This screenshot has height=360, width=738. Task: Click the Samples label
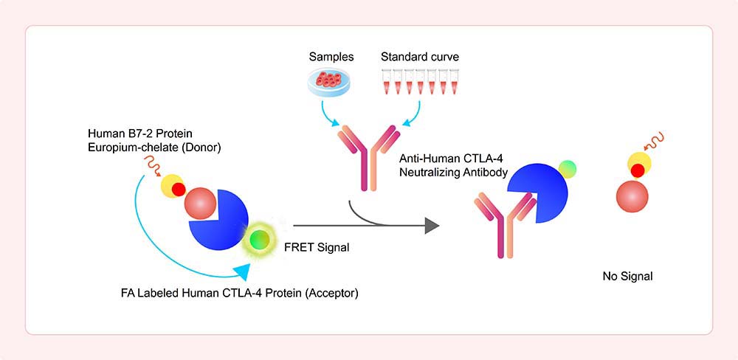[331, 58]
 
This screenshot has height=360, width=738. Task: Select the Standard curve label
[419, 58]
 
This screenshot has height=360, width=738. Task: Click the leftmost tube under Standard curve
[387, 82]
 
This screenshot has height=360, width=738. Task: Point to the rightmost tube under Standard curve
[454, 82]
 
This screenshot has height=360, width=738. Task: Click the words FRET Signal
[317, 247]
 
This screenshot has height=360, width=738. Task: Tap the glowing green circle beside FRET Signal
[259, 240]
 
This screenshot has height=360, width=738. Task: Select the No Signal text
[627, 277]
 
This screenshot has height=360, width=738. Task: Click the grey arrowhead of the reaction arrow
[432, 226]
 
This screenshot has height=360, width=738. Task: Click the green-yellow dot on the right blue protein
[567, 169]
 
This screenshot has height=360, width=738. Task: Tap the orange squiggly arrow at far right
[655, 139]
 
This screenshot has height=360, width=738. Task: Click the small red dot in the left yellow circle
[179, 190]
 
